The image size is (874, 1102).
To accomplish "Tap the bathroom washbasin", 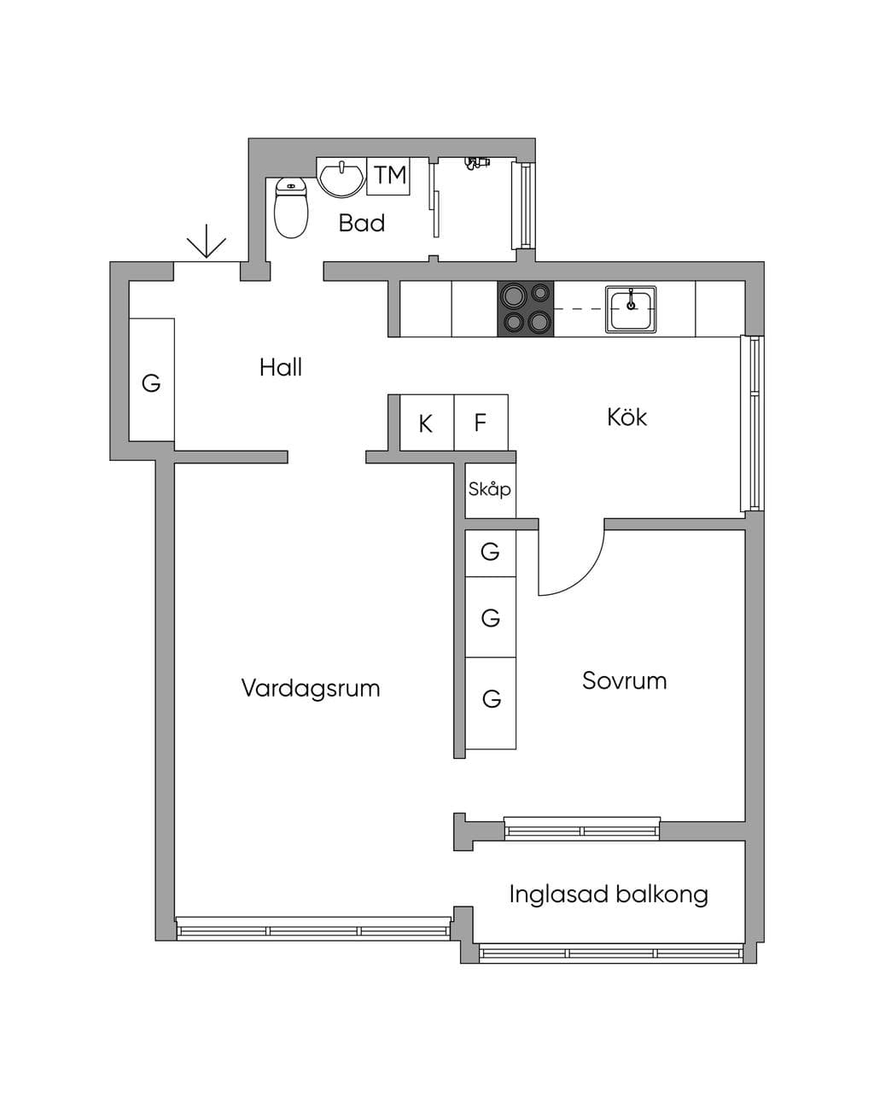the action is (x=341, y=177).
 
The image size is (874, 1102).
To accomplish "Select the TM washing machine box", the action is (x=388, y=176).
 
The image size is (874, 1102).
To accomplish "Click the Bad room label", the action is (x=362, y=224).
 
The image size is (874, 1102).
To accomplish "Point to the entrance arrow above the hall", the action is (x=207, y=241).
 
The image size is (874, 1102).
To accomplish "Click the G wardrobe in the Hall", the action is (x=152, y=380).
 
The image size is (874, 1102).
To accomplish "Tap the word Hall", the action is (x=281, y=368).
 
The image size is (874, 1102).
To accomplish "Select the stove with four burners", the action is (x=525, y=309).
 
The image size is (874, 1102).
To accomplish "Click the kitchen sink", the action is (x=631, y=309).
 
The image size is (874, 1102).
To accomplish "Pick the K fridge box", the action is (x=427, y=423).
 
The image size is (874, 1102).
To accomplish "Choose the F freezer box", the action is (x=481, y=423).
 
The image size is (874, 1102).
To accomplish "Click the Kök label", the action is (x=626, y=417).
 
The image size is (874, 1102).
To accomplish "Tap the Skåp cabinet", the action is (x=490, y=490).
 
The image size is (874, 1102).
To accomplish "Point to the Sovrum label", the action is (x=624, y=681).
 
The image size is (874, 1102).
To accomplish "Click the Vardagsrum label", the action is (x=311, y=688).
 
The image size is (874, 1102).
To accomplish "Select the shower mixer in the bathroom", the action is (x=476, y=163).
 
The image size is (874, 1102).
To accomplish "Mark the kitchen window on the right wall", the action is (x=752, y=423).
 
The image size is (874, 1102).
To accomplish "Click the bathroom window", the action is (x=524, y=206).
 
